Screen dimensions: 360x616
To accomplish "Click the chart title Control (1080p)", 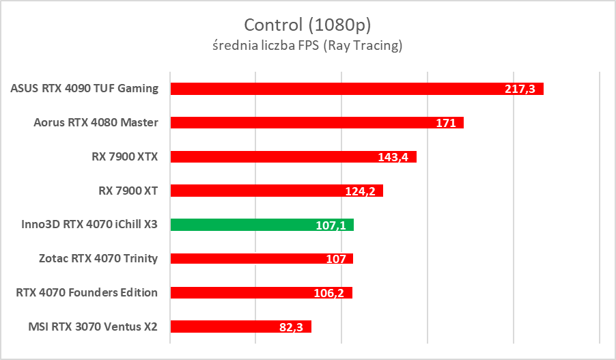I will click(307, 25).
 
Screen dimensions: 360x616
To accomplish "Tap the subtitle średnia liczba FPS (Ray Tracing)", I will click(307, 46).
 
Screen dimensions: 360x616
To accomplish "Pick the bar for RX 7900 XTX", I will click(273, 156).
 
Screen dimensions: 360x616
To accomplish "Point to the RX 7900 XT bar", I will click(260, 191).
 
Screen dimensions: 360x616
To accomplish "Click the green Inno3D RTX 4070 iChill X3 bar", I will click(239, 224).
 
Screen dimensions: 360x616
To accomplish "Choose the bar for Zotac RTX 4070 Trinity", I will click(239, 258).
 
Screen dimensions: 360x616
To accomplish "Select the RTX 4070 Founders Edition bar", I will click(239, 292).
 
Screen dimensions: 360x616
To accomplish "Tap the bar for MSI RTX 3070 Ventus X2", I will click(219, 327).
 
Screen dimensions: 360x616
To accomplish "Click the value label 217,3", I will click(524, 89).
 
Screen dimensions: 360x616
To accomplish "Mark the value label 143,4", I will click(393, 157).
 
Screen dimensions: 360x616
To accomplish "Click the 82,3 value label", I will click(292, 327).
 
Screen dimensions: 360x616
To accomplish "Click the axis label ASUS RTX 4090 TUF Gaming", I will click(85, 88).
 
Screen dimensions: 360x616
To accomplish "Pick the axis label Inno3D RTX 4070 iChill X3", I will click(85, 224).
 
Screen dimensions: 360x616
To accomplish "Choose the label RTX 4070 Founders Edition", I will click(87, 292).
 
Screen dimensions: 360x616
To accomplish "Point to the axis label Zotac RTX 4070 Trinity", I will click(98, 258).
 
